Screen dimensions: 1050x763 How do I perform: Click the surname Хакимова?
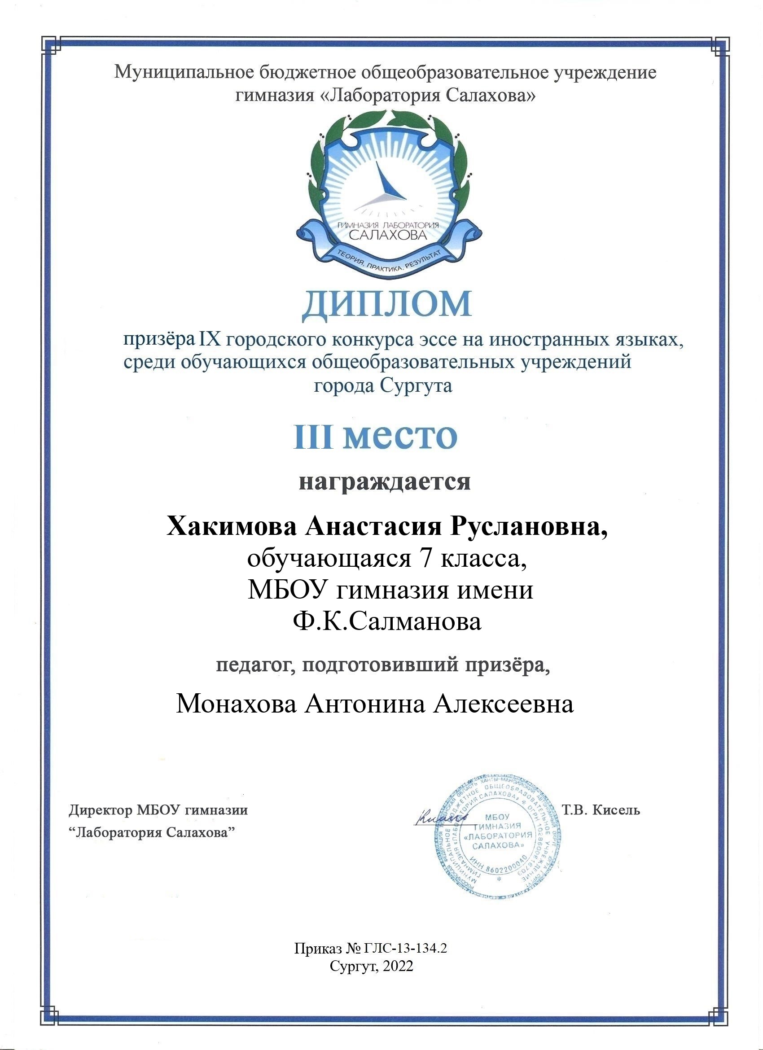(x=231, y=527)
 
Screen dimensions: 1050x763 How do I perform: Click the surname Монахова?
(x=236, y=704)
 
